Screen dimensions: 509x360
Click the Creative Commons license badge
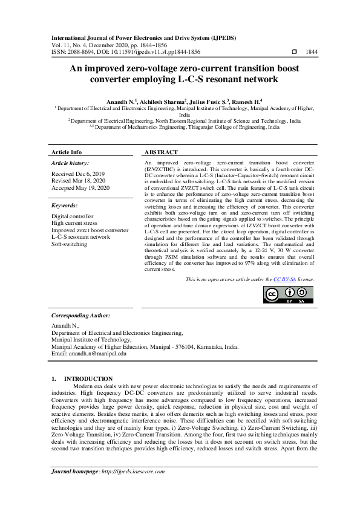click(281, 294)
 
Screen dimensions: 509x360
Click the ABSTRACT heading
click(161, 152)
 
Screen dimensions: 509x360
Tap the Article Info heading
click(67, 152)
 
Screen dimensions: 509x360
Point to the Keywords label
click(68, 206)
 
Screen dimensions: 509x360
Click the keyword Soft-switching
click(69, 244)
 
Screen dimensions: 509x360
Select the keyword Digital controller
click(73, 216)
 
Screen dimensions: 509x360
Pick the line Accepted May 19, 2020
click(80, 188)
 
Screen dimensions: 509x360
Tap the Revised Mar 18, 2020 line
click(79, 181)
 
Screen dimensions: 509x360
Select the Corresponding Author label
click(80, 316)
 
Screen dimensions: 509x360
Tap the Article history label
click(70, 163)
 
